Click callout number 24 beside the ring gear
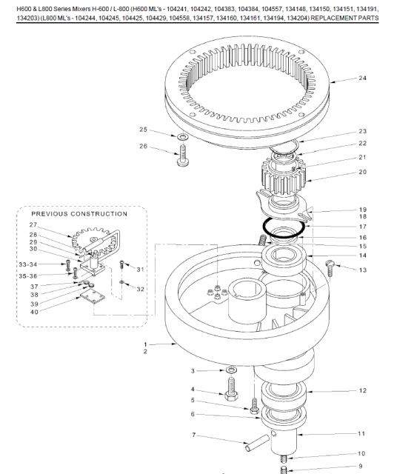[x=363, y=78]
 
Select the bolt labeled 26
[x=183, y=156]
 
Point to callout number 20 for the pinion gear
[x=363, y=172]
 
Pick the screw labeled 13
[x=330, y=268]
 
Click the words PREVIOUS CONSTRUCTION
[x=79, y=214]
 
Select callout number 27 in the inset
[x=33, y=225]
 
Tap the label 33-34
[x=28, y=264]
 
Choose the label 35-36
[x=28, y=276]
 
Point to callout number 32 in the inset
[x=140, y=290]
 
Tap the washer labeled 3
[x=231, y=370]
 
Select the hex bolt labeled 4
[x=231, y=388]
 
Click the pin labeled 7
[x=257, y=443]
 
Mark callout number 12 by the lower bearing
[x=363, y=390]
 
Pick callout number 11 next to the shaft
[x=361, y=434]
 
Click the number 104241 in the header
[x=176, y=9]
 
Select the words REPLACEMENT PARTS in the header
[x=344, y=18]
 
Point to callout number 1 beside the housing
[x=145, y=344]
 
